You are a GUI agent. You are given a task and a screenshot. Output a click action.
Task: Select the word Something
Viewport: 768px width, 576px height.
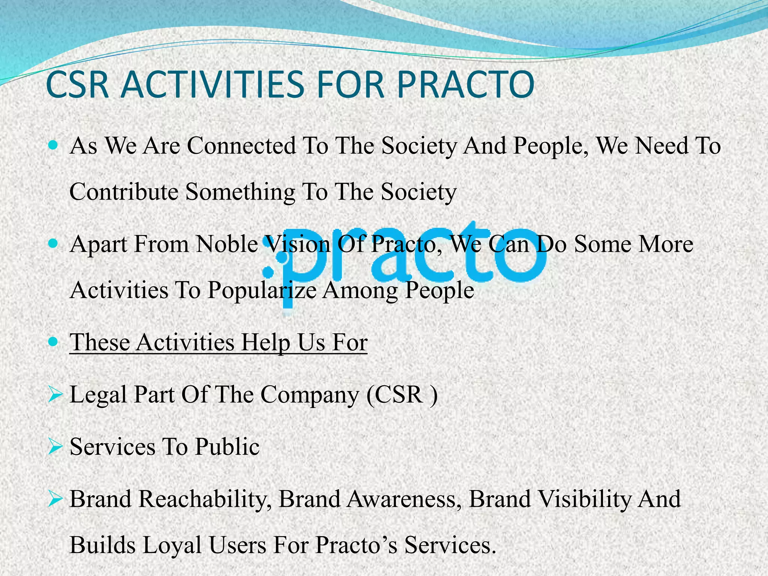point(240,192)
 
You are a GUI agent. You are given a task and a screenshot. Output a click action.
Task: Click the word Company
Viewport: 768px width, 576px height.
point(310,395)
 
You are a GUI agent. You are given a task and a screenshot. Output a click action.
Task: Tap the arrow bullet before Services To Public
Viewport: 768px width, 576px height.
point(55,447)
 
